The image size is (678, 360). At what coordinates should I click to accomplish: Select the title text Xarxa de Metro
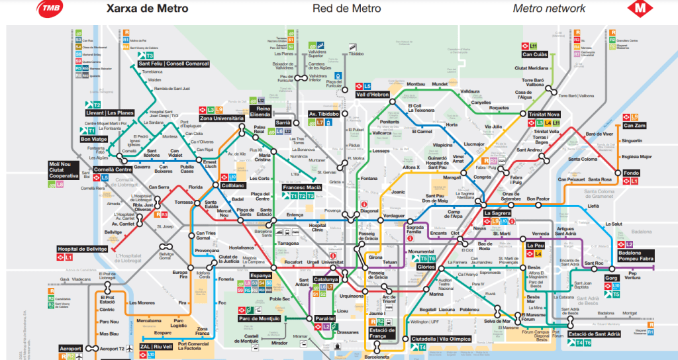[x=147, y=9]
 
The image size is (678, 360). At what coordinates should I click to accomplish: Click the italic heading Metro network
[x=549, y=9]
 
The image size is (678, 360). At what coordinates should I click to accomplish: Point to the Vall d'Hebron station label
[x=373, y=95]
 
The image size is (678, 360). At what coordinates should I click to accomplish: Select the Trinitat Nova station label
[x=544, y=114]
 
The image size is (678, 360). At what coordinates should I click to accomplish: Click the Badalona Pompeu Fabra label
[x=636, y=256]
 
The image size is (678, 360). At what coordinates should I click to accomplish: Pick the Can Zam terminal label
[x=635, y=125]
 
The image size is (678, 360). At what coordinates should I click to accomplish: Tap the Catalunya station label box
[x=326, y=279]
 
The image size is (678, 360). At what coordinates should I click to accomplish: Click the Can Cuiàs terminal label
[x=530, y=54]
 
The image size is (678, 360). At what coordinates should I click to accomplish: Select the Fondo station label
[x=631, y=173]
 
